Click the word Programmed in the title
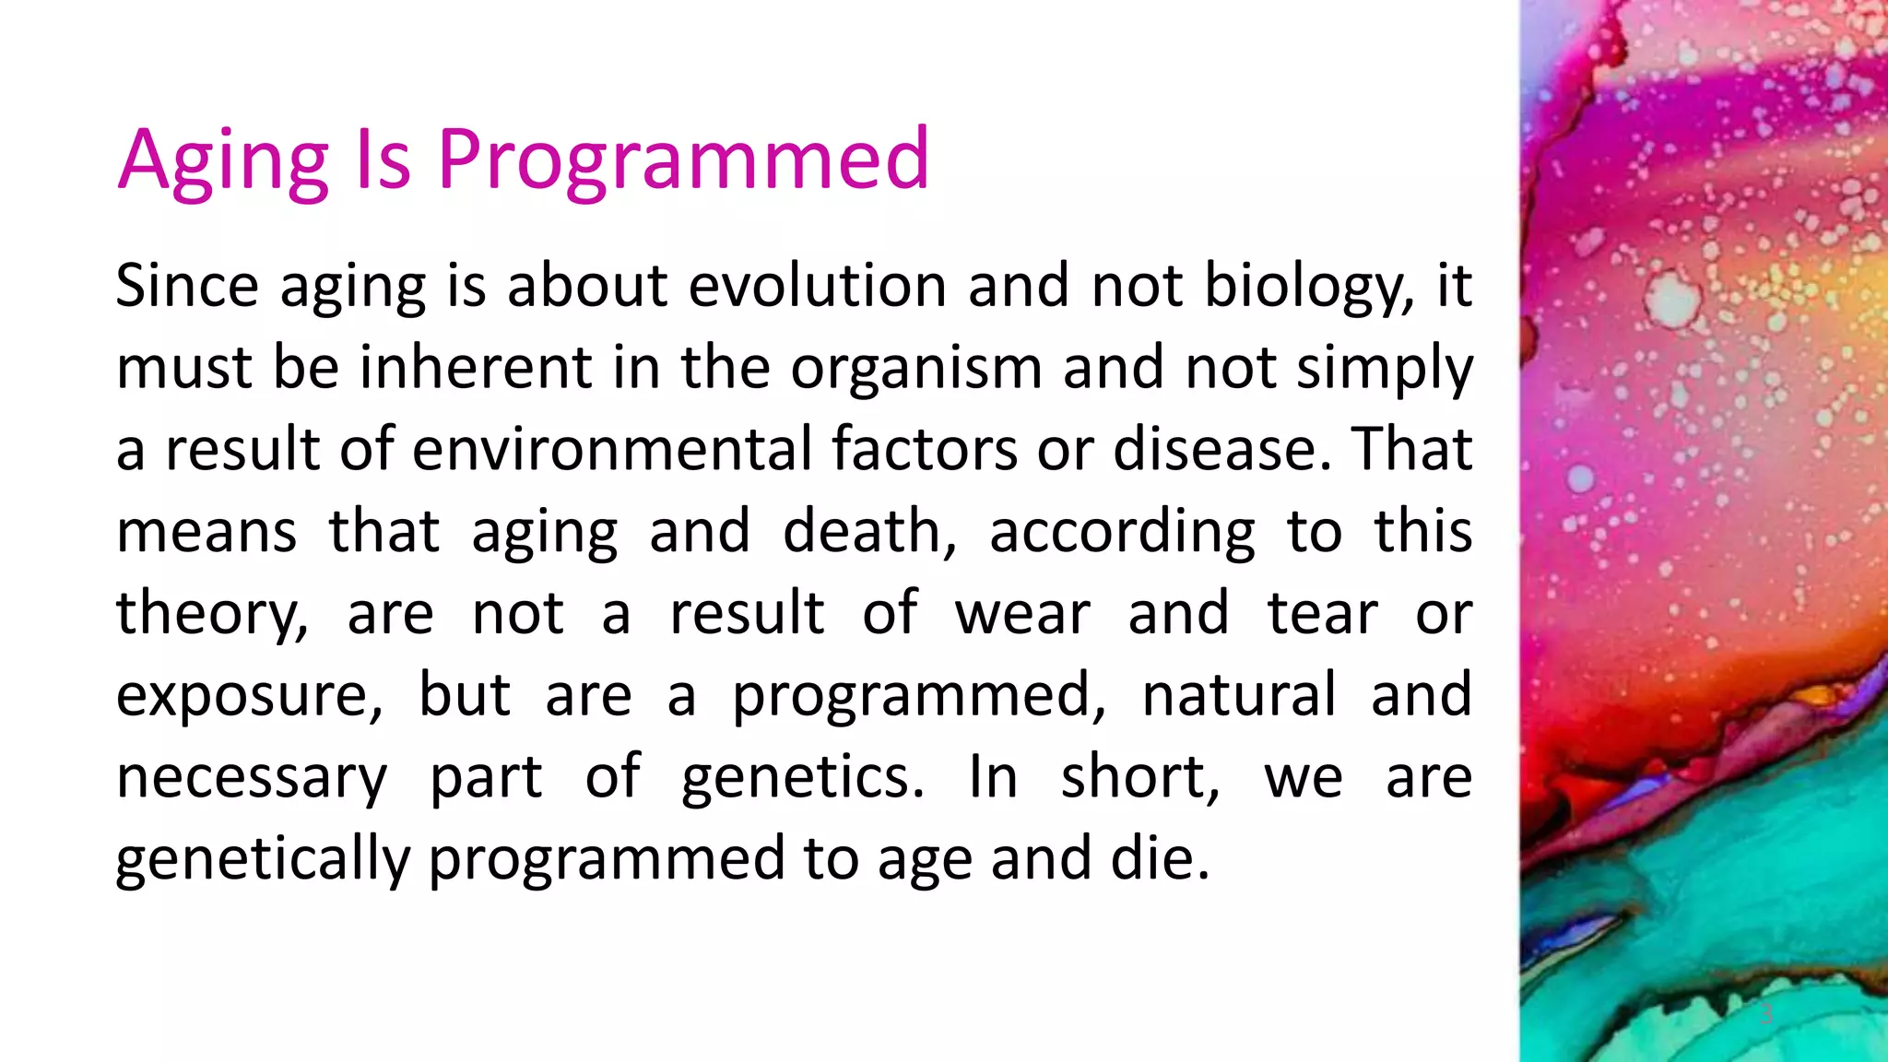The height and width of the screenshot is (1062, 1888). click(683, 160)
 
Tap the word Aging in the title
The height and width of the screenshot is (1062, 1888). click(223, 160)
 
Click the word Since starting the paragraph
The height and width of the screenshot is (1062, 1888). click(187, 285)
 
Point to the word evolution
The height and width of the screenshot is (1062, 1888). click(818, 285)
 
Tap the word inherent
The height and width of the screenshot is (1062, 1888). click(475, 367)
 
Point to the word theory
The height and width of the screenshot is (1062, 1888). click(212, 615)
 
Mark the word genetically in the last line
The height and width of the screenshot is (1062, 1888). click(263, 860)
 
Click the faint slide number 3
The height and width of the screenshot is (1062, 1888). click(1766, 1014)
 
